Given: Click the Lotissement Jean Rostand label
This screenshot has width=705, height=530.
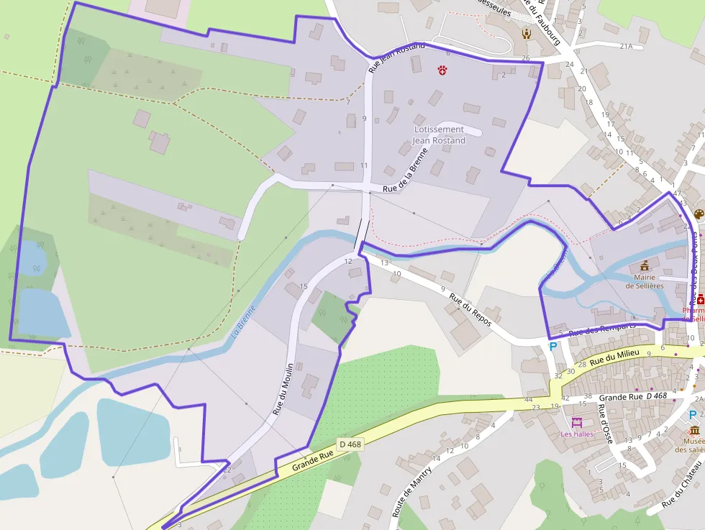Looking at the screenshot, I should click(439, 134).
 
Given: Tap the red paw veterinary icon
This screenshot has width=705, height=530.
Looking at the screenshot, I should click(442, 70).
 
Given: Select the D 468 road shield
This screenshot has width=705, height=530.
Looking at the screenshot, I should click(350, 444).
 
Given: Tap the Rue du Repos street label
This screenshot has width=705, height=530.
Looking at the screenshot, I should click(470, 309).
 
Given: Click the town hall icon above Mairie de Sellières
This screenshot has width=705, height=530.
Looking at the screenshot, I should click(644, 265).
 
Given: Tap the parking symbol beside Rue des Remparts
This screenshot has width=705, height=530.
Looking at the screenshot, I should click(553, 346).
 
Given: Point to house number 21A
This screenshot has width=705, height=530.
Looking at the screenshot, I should click(625, 46).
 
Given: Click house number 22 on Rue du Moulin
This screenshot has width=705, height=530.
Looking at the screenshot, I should click(227, 470).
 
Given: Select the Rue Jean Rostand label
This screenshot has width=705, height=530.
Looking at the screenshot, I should click(396, 58).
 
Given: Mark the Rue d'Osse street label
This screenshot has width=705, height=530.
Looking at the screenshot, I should click(604, 425).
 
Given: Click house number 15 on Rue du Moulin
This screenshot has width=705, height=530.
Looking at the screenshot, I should click(304, 286).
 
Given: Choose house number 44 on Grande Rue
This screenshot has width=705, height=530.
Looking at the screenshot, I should click(528, 399).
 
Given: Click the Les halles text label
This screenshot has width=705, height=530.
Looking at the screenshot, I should click(577, 434).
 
